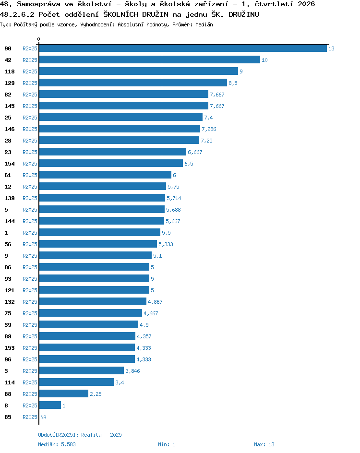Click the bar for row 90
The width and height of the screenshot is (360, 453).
(183, 48)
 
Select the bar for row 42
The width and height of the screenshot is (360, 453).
(150, 60)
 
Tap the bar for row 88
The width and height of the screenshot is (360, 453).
(63, 394)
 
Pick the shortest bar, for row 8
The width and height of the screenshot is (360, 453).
(50, 405)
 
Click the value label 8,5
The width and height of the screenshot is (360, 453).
(233, 83)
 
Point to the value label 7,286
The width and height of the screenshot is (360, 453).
(209, 129)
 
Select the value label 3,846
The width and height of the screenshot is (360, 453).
(132, 371)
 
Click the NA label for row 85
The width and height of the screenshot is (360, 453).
(43, 417)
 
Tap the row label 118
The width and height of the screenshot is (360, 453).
(10, 72)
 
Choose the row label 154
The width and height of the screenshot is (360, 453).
(10, 164)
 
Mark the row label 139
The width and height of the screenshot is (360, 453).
(10, 198)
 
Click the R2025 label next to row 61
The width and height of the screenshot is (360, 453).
(30, 175)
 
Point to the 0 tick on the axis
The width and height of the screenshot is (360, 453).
(39, 39)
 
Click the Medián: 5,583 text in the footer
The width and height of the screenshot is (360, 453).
(57, 444)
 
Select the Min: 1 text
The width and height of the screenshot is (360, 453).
(167, 444)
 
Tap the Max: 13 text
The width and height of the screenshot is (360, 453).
(264, 444)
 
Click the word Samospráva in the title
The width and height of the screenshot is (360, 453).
(39, 4)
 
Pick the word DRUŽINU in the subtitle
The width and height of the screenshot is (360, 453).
(243, 14)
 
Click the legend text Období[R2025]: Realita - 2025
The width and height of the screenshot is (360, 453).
(80, 435)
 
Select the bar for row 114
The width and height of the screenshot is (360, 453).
(76, 382)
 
